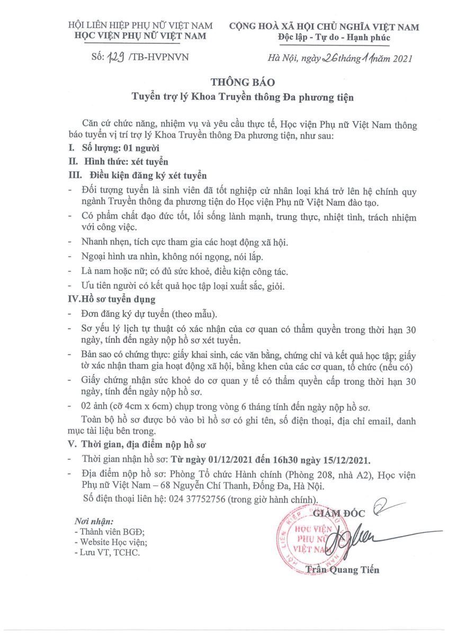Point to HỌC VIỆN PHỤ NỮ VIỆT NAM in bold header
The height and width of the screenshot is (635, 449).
tap(141, 36)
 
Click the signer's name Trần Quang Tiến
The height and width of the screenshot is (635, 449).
tap(344, 569)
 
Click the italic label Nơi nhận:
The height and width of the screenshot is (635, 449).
tap(94, 521)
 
